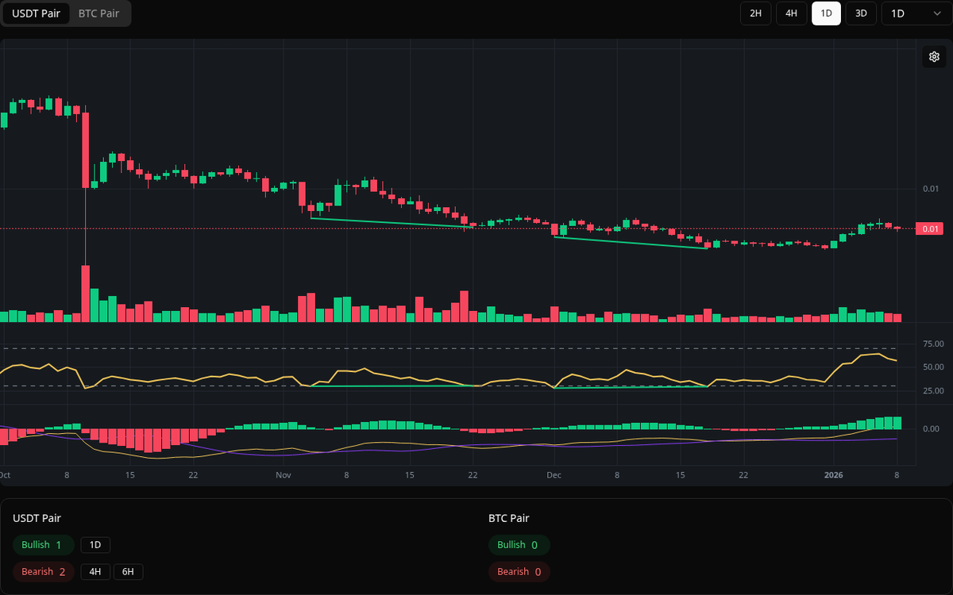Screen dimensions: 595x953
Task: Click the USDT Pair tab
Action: pos(36,13)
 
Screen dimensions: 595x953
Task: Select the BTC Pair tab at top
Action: pos(98,13)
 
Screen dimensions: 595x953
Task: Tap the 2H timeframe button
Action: pos(755,13)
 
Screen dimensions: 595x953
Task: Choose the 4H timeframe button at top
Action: pos(791,13)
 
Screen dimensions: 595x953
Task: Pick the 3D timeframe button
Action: pos(861,13)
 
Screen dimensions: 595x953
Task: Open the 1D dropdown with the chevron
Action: pos(916,13)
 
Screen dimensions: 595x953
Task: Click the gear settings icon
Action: pos(934,56)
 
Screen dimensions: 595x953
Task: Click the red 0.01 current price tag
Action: pos(929,229)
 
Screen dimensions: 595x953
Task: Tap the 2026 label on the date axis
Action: pos(833,475)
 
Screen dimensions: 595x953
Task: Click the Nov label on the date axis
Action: pos(284,475)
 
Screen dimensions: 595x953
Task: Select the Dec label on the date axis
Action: pos(554,475)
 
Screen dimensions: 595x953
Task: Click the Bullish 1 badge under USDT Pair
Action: pos(43,545)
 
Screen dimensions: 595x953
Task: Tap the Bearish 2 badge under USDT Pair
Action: pos(43,572)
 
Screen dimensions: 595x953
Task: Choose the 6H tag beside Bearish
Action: pos(128,572)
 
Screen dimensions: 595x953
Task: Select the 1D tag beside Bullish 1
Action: pos(95,545)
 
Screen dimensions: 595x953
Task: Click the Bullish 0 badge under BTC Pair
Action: pos(519,545)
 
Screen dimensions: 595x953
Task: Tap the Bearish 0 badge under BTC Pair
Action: pos(519,572)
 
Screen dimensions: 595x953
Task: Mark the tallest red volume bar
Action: pos(85,294)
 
